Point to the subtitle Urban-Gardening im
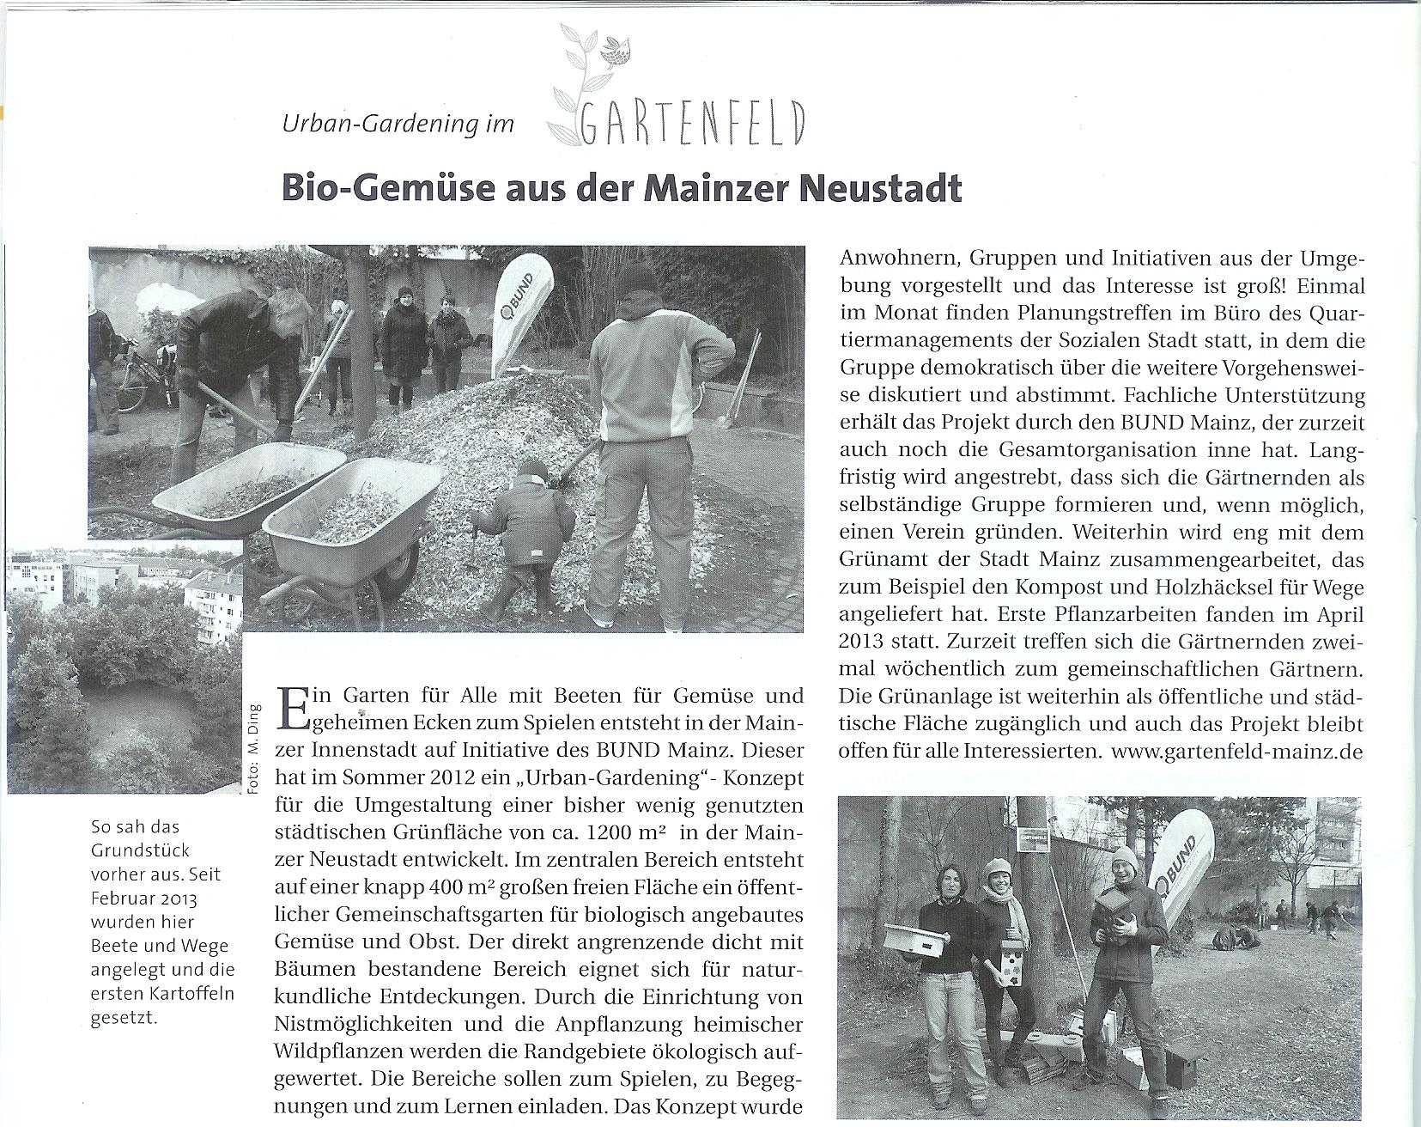[398, 125]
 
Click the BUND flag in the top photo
[520, 318]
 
